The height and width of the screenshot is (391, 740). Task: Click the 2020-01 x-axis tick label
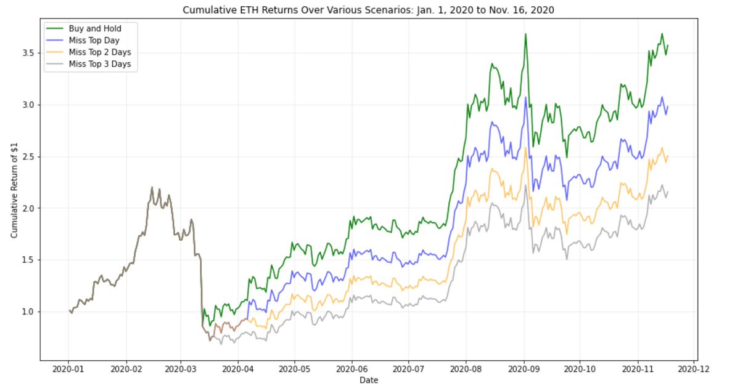68,370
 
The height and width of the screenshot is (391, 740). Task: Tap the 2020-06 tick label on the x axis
351,370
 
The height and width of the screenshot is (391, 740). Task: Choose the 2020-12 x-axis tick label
695,370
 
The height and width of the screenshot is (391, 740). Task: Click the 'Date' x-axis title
369,381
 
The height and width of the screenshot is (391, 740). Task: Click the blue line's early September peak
525,97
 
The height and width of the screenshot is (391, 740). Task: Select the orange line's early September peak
525,148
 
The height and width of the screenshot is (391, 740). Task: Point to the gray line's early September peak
525,185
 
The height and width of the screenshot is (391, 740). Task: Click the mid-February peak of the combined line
152,187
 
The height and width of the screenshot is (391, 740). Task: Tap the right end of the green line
668,45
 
